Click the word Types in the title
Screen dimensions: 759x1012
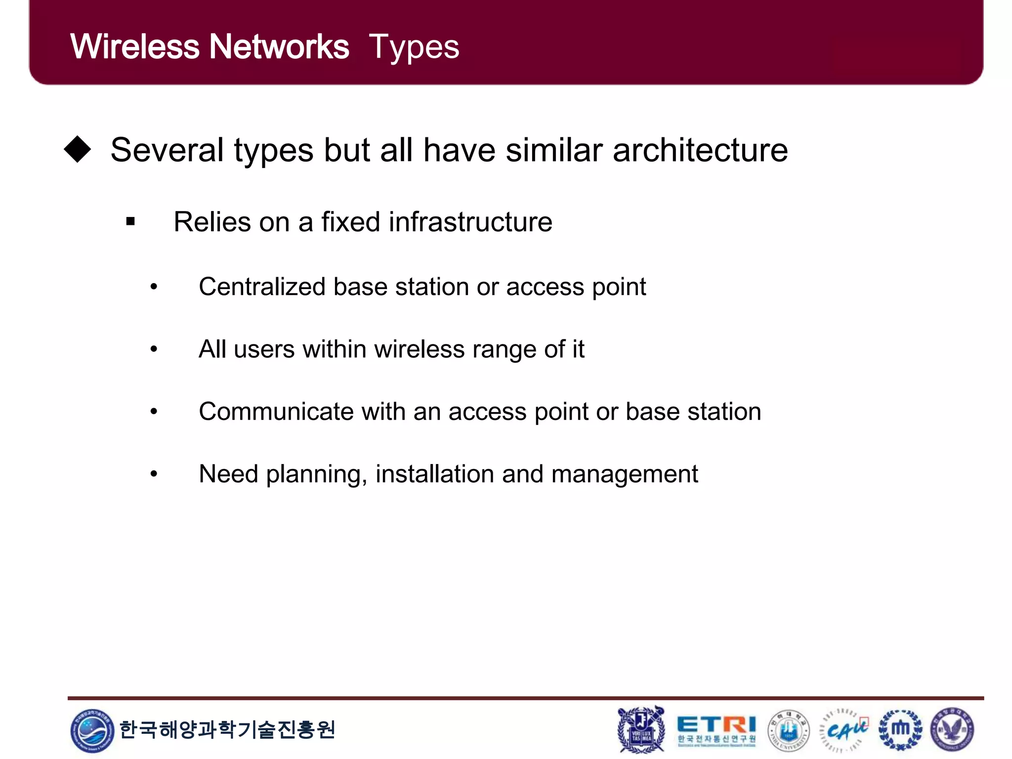click(x=414, y=47)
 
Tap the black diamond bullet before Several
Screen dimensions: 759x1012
click(x=78, y=149)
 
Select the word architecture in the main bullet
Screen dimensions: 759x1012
click(x=700, y=150)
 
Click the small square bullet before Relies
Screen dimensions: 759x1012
click(x=130, y=221)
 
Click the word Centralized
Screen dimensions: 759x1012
click(x=262, y=287)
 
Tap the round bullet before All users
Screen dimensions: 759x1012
click(x=154, y=349)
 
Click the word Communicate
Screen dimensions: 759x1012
click(x=276, y=412)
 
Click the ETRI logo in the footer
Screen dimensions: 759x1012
click(x=716, y=729)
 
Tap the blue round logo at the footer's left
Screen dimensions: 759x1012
click(x=92, y=730)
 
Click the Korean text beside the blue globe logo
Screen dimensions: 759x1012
click(x=227, y=729)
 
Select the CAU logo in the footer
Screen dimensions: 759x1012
click(x=844, y=730)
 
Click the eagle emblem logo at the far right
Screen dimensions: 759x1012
click(x=952, y=730)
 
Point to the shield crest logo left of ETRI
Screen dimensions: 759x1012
click(x=641, y=730)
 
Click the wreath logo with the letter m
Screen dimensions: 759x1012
click(x=900, y=729)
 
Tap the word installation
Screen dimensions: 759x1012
click(x=434, y=474)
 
